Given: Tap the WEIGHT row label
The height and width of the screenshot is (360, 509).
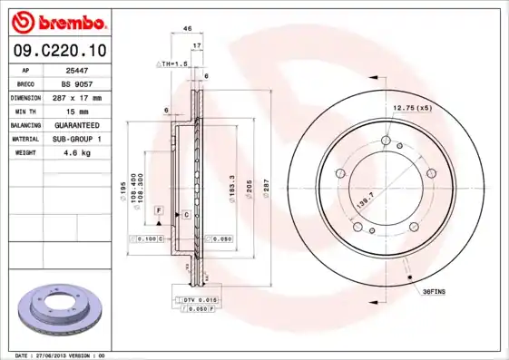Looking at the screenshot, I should pyautogui.click(x=24, y=153).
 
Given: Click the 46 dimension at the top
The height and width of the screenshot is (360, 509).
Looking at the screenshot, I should pyautogui.click(x=188, y=29).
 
